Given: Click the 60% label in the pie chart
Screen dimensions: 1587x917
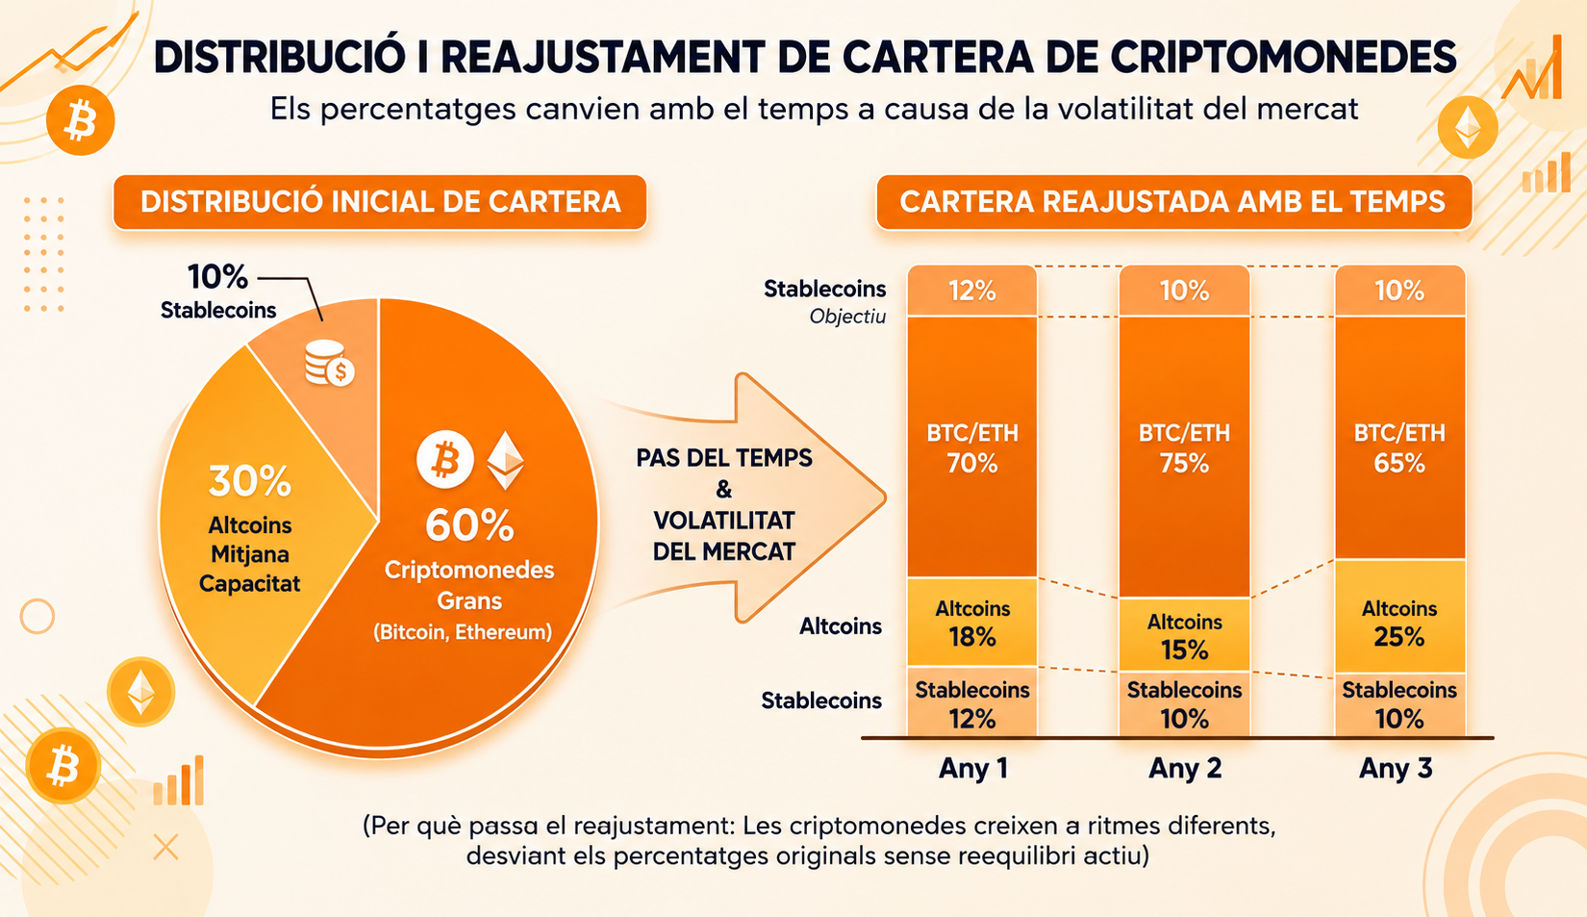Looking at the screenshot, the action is [x=469, y=525].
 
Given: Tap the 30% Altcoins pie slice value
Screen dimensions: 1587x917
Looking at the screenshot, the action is [x=249, y=480].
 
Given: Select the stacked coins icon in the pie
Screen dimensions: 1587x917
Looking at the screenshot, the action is [x=329, y=362].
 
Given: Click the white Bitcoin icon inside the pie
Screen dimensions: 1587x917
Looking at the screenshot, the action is [x=445, y=459].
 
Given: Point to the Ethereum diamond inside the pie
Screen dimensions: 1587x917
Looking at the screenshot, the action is [x=505, y=460].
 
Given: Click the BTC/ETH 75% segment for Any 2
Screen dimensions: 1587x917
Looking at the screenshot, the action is [x=1184, y=456].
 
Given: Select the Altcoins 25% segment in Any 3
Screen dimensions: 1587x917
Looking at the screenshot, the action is [x=1399, y=616].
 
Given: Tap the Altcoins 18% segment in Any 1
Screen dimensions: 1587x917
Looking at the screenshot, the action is [x=972, y=623].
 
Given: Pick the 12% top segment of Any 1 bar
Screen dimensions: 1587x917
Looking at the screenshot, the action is [x=972, y=291].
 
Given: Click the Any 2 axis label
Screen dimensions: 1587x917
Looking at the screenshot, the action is [x=1185, y=768].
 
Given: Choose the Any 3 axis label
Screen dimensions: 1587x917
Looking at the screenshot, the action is [x=1395, y=768].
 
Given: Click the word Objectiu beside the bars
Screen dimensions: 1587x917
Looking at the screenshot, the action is [x=847, y=316].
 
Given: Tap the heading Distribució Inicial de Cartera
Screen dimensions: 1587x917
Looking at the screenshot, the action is [x=381, y=202].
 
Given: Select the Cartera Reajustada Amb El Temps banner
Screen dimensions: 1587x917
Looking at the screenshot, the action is [x=1173, y=202].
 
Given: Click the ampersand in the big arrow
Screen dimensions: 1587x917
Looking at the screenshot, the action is [x=723, y=489].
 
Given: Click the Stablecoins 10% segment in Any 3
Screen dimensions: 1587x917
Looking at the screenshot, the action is [x=1399, y=705].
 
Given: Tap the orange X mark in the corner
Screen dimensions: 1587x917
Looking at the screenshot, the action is [x=165, y=847].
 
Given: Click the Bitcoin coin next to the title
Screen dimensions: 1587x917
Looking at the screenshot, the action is [x=80, y=120].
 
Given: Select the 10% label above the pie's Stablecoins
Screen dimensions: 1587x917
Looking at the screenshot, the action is [x=217, y=276].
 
